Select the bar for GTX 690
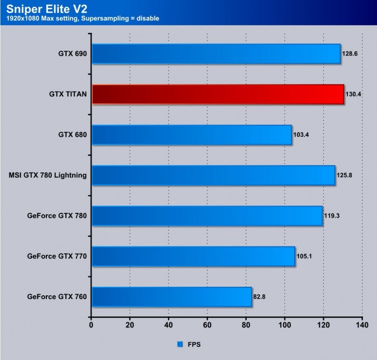[x=215, y=54]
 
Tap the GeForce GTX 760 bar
[x=171, y=296]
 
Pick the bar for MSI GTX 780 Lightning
[x=213, y=175]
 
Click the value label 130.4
[x=354, y=94]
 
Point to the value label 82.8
[x=261, y=297]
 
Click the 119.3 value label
[x=332, y=216]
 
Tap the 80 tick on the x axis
[x=246, y=326]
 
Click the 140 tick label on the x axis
[x=361, y=326]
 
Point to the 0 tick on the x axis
[x=91, y=326]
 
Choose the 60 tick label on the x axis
[x=207, y=326]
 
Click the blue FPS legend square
[x=179, y=343]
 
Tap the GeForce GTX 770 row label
[x=57, y=256]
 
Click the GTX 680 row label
[x=72, y=135]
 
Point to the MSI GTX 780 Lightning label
[x=48, y=175]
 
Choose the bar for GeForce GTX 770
[x=193, y=256]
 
